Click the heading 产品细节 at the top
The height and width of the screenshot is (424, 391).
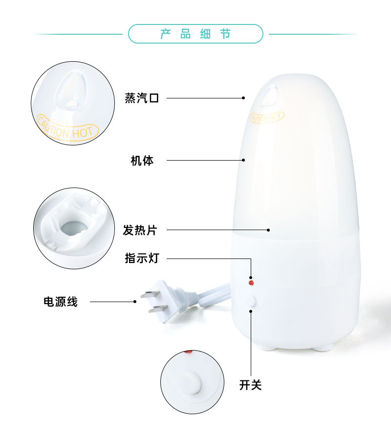[x=195, y=34]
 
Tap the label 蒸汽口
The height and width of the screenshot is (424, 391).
[x=142, y=98]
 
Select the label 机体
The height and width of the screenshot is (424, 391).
[x=142, y=160]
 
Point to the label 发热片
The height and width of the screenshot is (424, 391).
[x=140, y=230]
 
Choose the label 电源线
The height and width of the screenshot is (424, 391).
[x=61, y=302]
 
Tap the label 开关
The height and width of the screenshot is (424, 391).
[x=251, y=385]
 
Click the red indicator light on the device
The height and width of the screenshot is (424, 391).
[x=251, y=283]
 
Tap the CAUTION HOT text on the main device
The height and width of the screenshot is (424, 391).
[x=267, y=117]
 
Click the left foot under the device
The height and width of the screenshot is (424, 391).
[x=267, y=348]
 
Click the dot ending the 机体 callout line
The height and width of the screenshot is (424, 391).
[x=243, y=160]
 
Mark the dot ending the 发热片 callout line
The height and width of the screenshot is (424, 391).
[x=268, y=230]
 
